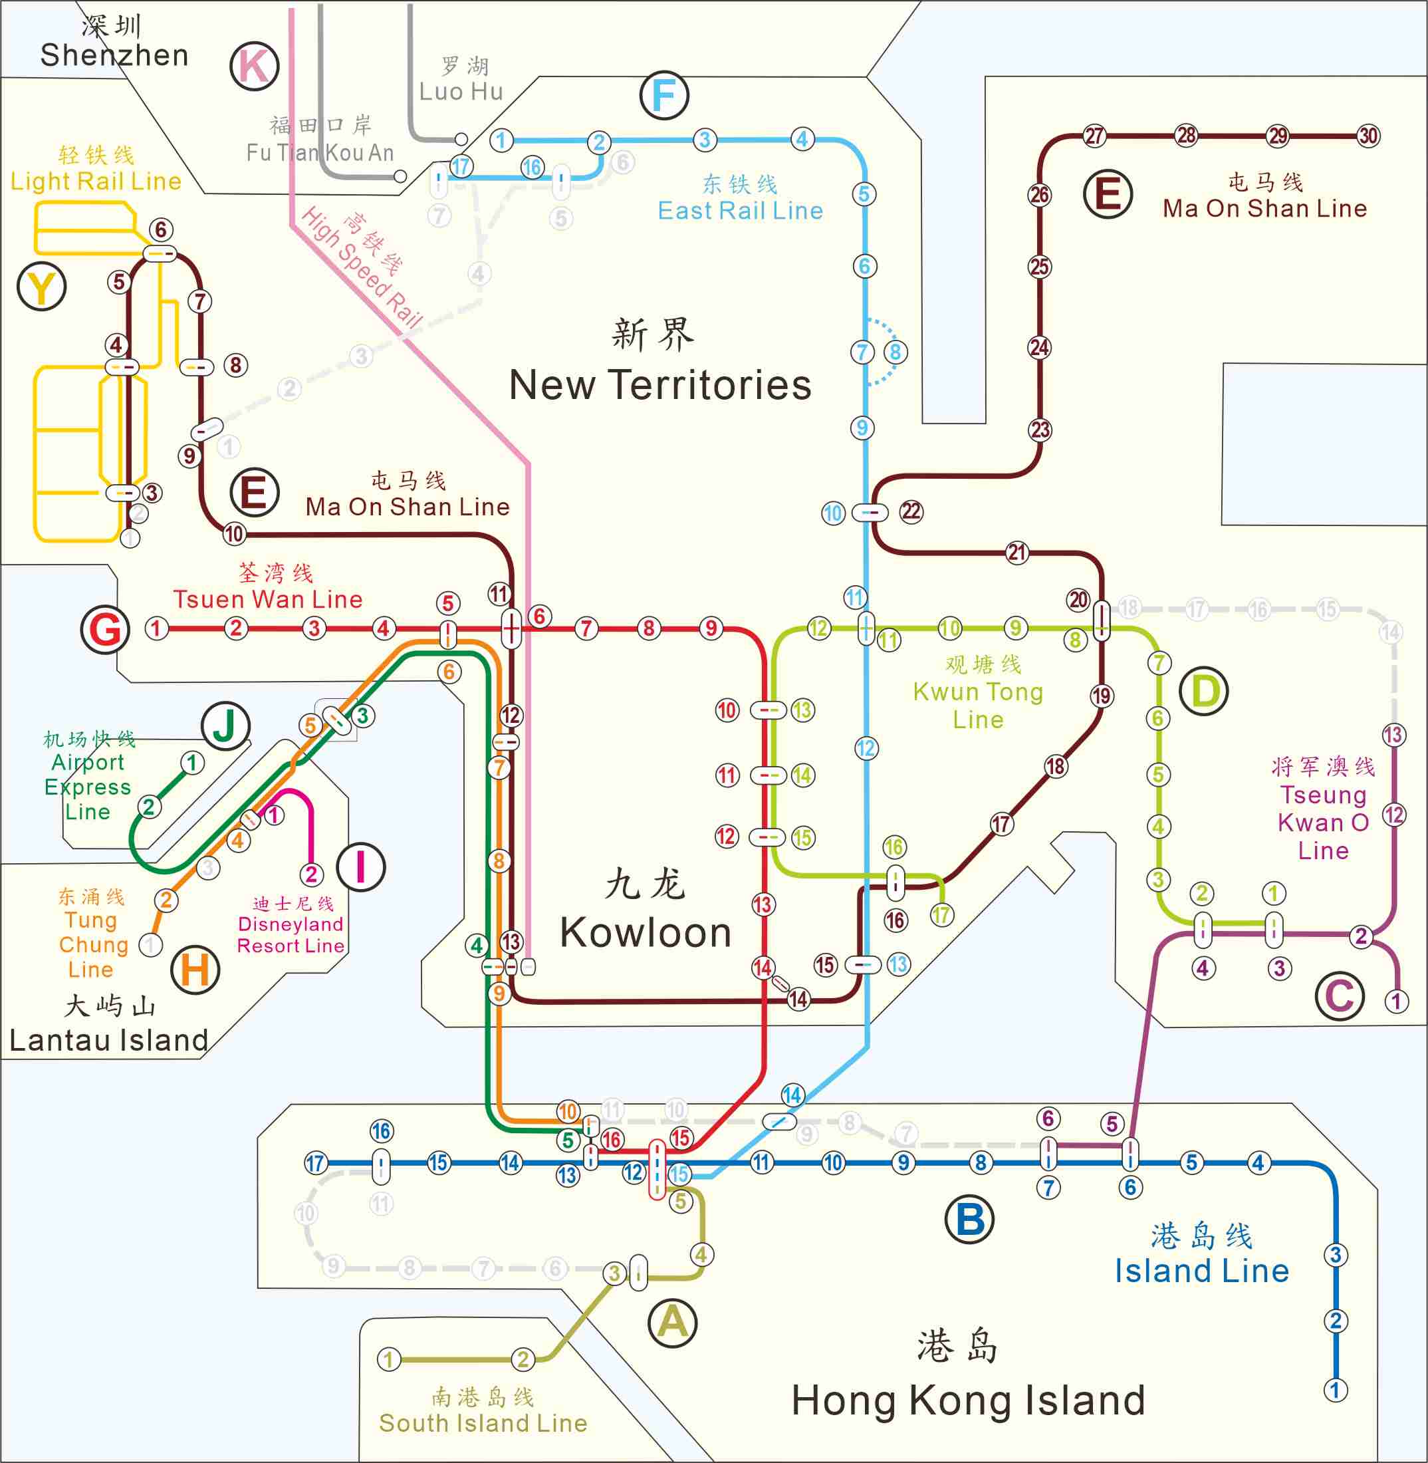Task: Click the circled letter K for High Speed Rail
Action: click(254, 66)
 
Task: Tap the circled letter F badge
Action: click(663, 95)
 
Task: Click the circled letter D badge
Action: click(1204, 691)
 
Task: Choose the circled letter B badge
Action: click(970, 1219)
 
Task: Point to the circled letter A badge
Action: click(672, 1322)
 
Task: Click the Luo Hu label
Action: click(461, 91)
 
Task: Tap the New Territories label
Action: click(660, 385)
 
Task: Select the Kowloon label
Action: click(645, 932)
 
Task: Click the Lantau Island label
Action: click(109, 1040)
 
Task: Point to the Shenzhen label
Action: click(114, 55)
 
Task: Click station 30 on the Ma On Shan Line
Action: click(1368, 136)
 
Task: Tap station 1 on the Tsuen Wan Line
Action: click(156, 628)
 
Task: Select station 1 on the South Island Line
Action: click(388, 1359)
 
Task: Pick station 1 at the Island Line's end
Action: click(1335, 1389)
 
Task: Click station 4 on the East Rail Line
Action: click(802, 139)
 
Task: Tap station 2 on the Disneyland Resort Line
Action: click(311, 874)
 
